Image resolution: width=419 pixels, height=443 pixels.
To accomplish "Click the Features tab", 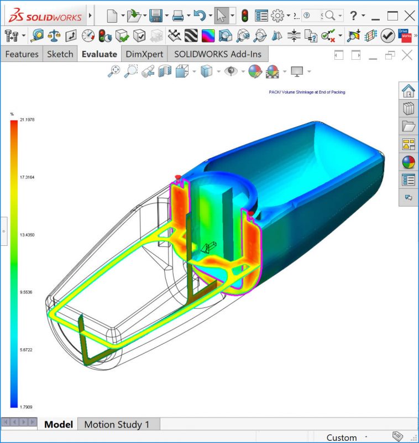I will (22, 54).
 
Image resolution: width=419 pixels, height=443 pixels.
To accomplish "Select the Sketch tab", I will (60, 54).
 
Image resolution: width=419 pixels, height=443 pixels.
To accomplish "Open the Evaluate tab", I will (99, 54).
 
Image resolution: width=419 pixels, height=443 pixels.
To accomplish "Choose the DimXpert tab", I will (145, 54).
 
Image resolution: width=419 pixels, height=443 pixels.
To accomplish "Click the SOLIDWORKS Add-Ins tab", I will (218, 54).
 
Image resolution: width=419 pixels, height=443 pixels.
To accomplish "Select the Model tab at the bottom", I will (59, 425).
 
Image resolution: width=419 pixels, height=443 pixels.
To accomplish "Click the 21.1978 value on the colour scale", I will (27, 119).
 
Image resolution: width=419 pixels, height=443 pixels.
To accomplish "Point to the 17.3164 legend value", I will (27, 177).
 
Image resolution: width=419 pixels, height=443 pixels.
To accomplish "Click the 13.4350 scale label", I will (27, 235).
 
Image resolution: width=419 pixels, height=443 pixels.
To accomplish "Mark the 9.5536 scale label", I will (27, 292).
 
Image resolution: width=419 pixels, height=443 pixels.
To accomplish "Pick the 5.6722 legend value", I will (27, 349).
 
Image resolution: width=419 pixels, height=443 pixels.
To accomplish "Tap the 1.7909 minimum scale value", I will (27, 406).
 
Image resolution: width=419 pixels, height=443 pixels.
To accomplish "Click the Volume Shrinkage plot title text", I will (306, 92).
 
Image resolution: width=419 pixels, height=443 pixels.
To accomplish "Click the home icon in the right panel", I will (408, 90).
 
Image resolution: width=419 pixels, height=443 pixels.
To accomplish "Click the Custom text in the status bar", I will (342, 437).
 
